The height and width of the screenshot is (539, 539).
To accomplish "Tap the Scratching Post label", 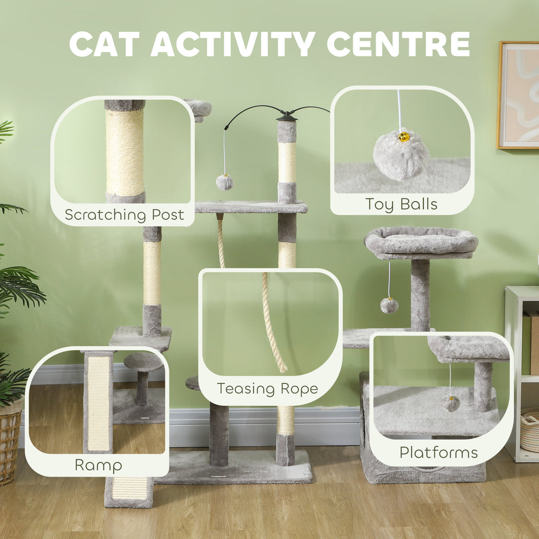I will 124,215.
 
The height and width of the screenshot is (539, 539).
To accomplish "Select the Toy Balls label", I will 401,204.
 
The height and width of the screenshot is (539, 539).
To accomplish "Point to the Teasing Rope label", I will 267,389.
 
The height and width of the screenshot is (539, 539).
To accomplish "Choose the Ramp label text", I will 98,465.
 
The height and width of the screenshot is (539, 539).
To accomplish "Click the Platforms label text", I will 438,452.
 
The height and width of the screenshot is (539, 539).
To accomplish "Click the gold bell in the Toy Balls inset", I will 404,136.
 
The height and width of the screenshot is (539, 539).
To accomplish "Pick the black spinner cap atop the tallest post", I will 286,116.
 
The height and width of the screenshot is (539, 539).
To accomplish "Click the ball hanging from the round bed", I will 389,305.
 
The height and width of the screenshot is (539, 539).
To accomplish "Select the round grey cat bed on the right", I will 421,242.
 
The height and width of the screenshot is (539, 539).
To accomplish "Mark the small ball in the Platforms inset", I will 451,403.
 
